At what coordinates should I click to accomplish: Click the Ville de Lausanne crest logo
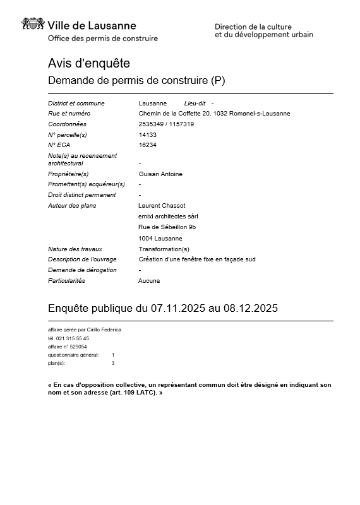33,25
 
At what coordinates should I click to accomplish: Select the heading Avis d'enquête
88,63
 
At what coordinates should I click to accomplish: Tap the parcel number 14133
147,134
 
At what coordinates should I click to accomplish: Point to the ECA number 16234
147,145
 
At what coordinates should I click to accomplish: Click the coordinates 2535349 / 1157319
166,124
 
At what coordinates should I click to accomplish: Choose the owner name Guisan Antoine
160,174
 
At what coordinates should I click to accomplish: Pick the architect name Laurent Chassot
162,205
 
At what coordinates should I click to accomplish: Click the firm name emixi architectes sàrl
169,216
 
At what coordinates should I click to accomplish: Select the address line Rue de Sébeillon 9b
167,227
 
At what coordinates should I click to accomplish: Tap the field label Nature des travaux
75,249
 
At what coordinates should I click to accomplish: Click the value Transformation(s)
164,249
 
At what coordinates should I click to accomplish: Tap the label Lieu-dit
195,103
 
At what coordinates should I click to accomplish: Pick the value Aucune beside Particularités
149,280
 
